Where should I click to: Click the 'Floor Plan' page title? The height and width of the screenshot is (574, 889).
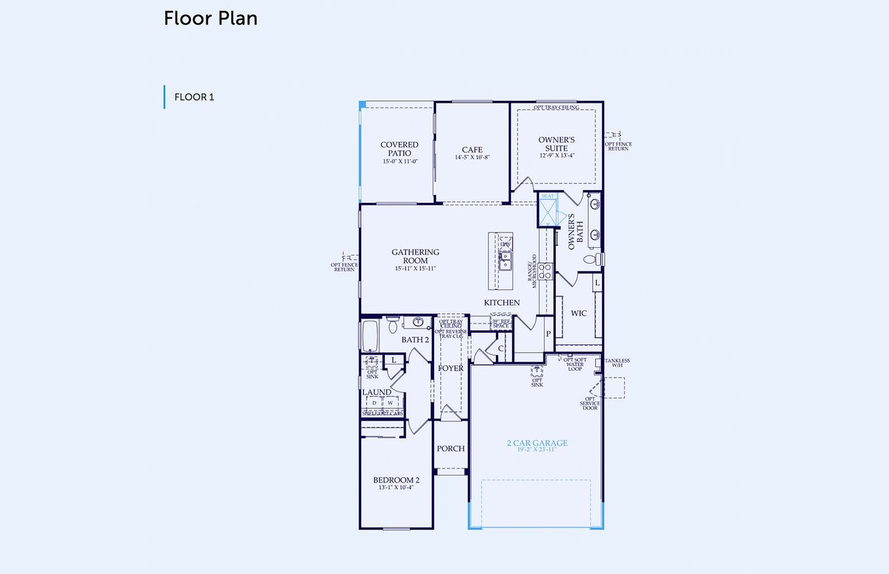pyautogui.click(x=210, y=19)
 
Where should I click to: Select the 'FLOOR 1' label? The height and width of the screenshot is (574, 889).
pyautogui.click(x=194, y=97)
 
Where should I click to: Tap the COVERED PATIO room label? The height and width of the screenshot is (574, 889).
pyautogui.click(x=399, y=149)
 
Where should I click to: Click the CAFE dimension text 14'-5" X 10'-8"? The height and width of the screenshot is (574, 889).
pyautogui.click(x=472, y=158)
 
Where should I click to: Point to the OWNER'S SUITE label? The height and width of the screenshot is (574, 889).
pyautogui.click(x=556, y=144)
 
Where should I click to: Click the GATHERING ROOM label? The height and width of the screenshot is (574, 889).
pyautogui.click(x=415, y=256)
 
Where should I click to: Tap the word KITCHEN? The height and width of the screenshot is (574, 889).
pyautogui.click(x=501, y=303)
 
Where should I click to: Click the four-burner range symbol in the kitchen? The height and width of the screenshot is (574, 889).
pyautogui.click(x=545, y=270)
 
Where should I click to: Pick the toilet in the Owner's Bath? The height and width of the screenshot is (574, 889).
pyautogui.click(x=590, y=260)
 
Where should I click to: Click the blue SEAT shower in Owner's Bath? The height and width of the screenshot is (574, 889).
pyautogui.click(x=548, y=211)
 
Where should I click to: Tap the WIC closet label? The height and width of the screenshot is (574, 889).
pyautogui.click(x=579, y=314)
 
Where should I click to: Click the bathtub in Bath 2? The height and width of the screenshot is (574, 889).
pyautogui.click(x=369, y=336)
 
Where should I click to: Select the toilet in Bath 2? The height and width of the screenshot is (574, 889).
pyautogui.click(x=393, y=323)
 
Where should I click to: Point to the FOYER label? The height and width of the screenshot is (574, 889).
pyautogui.click(x=451, y=369)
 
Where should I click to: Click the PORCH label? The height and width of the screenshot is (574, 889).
pyautogui.click(x=451, y=448)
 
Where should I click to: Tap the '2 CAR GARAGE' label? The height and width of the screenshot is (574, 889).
pyautogui.click(x=537, y=443)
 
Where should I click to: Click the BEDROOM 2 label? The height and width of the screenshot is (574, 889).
pyautogui.click(x=396, y=480)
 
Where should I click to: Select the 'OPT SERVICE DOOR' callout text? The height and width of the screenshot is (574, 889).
pyautogui.click(x=590, y=403)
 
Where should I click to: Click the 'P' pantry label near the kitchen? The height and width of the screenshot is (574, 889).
pyautogui.click(x=548, y=334)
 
